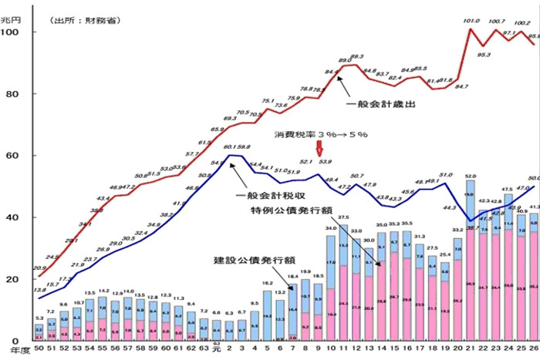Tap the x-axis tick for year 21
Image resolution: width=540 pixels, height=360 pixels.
[x=470, y=351]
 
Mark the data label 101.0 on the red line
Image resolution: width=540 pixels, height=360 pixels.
[x=471, y=22]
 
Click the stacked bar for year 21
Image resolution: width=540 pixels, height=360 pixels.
[x=470, y=262]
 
